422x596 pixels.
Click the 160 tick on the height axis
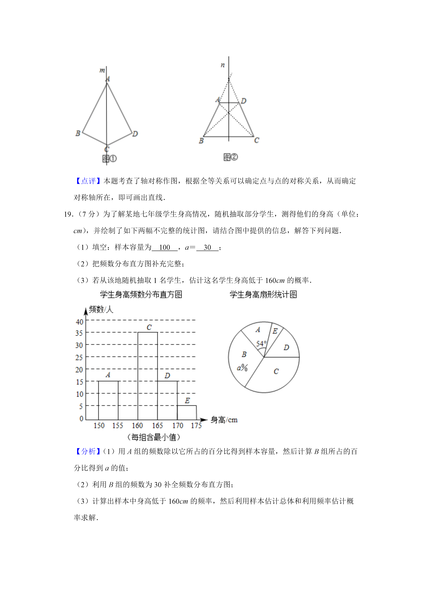137,426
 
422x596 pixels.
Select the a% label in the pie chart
242,368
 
